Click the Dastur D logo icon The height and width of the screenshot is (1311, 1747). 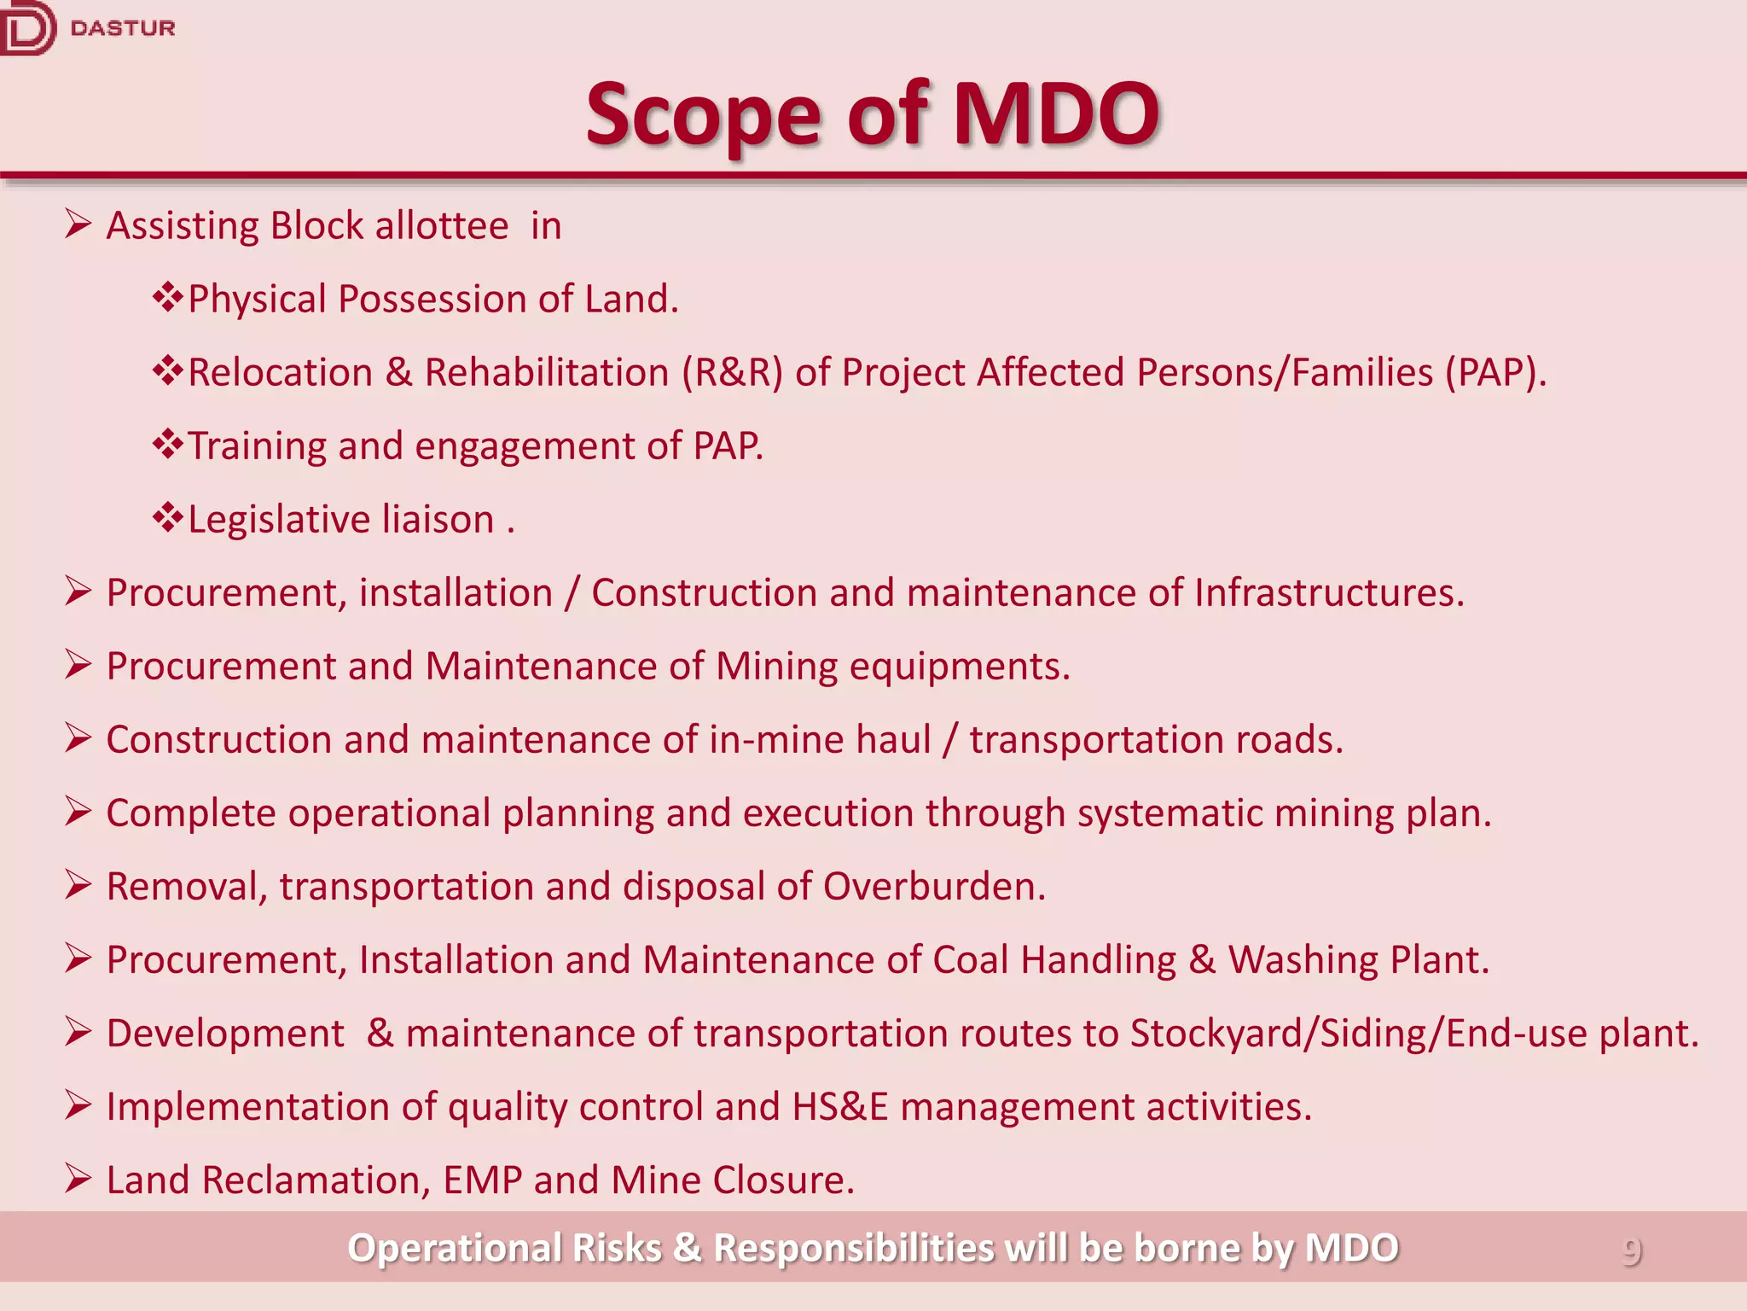point(26,28)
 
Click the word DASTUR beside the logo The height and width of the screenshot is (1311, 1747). point(123,28)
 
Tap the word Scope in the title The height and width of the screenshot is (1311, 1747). point(704,115)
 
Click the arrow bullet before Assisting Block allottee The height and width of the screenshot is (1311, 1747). point(78,225)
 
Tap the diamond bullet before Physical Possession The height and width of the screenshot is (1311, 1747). point(167,298)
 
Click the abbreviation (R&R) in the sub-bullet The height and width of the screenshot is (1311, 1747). point(732,373)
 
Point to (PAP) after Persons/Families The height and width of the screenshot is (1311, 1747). point(1495,373)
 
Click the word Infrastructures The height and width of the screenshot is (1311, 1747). point(1328,593)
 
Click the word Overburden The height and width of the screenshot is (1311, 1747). point(933,887)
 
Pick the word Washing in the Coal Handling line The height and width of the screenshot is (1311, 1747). point(1303,960)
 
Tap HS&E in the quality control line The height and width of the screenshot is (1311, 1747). point(839,1107)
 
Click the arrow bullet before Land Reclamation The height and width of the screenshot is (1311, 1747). point(78,1179)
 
